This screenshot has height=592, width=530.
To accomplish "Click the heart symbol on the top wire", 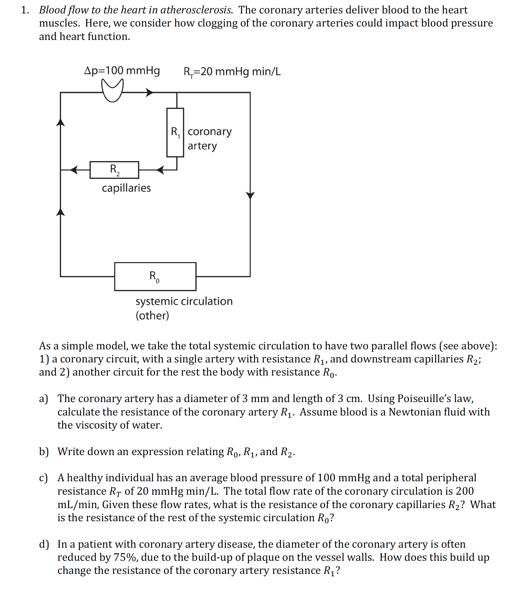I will pos(112,90).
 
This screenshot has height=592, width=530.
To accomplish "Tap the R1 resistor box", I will pos(175,132).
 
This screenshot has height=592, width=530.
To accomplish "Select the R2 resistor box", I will pos(114,170).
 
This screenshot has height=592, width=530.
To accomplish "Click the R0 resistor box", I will pos(155,276).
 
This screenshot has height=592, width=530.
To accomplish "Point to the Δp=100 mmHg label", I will pos(122,70).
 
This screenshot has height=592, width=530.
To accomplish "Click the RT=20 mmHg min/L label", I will pos(232,72).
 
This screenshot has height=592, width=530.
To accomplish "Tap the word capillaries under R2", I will pos(126,188).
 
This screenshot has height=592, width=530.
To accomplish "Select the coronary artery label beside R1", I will pos(209,138).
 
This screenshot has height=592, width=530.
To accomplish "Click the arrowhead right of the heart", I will pos(150,92).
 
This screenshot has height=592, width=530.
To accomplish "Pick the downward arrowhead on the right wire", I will pos(250,195).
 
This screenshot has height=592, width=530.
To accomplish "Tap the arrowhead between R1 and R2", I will pos(160,170).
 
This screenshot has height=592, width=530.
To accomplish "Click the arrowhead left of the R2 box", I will pos(75,170).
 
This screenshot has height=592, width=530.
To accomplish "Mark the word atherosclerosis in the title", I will pos(196,10).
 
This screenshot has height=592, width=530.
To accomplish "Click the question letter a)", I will pos(43,399).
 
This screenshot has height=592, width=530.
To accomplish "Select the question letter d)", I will pos(44,544).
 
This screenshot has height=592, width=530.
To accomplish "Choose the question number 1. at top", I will pos(25,10).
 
